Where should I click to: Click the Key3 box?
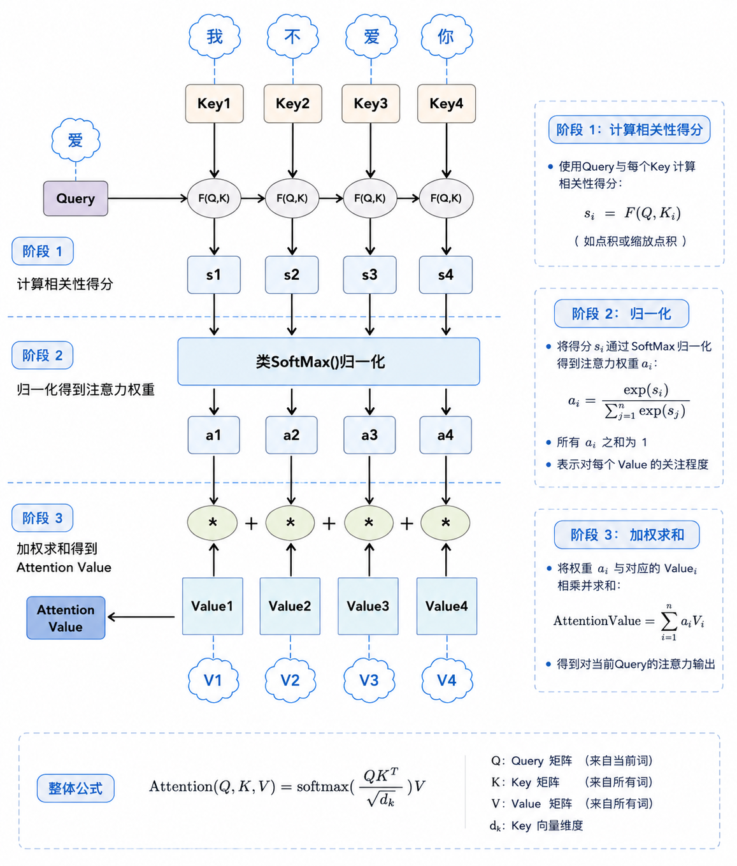coord(371,103)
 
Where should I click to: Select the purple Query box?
coord(75,198)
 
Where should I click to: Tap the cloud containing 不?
coord(293,37)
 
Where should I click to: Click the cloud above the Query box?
coord(75,140)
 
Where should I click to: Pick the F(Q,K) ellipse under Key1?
coord(214,198)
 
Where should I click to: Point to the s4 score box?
coord(445,275)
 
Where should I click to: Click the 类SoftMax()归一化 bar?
coord(329,361)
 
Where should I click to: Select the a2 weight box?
coord(292,435)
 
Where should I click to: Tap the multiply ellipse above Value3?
coord(368,523)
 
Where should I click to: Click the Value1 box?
coord(212,606)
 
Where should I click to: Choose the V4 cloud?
coord(447,680)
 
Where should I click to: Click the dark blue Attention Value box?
coord(66,618)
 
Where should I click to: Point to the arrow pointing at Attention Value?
coord(141,617)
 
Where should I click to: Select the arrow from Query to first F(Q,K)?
coord(147,198)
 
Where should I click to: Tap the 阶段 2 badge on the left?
coord(42,356)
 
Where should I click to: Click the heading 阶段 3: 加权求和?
coord(627,535)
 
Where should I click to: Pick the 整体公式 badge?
coord(75,788)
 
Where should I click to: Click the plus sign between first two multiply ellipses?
coord(251,523)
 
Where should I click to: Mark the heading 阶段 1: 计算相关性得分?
coord(629,129)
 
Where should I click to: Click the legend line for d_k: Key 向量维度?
coord(536,825)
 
